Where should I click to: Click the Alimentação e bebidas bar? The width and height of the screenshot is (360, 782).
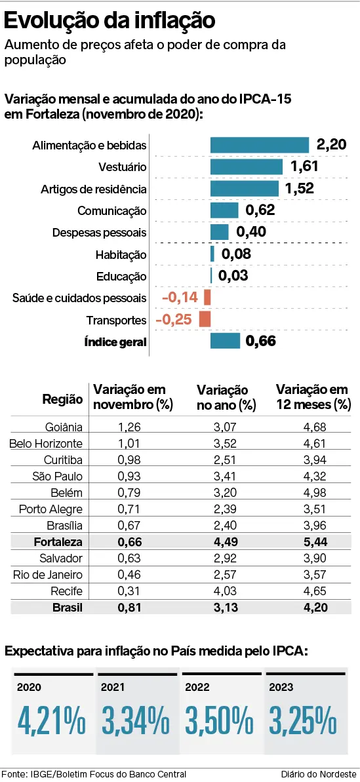(x=259, y=145)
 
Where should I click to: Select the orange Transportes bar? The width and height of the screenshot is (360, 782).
(x=205, y=319)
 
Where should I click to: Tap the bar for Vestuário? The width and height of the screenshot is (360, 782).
(x=246, y=166)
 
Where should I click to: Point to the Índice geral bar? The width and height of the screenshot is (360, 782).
(x=225, y=341)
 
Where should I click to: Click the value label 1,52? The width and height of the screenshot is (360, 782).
(x=300, y=189)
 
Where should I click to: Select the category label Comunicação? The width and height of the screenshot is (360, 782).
(x=112, y=211)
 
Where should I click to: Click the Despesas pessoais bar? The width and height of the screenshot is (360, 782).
(x=220, y=232)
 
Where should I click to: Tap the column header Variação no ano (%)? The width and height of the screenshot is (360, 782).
(x=226, y=397)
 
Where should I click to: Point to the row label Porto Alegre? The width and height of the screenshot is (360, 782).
(x=50, y=509)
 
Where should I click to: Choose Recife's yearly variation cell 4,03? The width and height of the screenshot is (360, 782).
(x=226, y=591)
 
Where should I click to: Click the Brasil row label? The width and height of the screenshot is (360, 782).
(x=68, y=608)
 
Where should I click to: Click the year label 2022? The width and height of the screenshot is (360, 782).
(x=197, y=687)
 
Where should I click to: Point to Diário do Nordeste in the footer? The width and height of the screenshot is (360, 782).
(x=319, y=774)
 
